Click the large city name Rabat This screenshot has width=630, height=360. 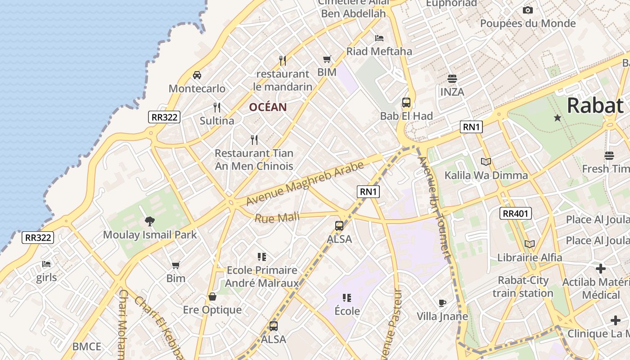click(x=595, y=106)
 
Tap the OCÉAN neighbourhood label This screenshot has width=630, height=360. click(x=268, y=107)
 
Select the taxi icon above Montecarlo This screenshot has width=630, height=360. click(x=197, y=75)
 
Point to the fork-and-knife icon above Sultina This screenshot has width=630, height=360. click(x=217, y=107)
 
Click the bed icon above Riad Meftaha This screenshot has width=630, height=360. click(x=379, y=38)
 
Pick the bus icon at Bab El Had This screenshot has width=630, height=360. click(x=406, y=103)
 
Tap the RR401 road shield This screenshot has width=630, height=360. click(x=515, y=213)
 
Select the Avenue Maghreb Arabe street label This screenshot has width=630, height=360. click(x=305, y=183)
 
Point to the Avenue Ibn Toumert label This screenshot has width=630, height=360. click(x=434, y=207)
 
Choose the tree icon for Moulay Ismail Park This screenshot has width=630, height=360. click(x=150, y=221)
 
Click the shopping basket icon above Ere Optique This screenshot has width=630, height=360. click(x=212, y=297)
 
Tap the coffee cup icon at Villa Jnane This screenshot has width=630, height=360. click(x=442, y=303)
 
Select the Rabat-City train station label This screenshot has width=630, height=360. click(x=523, y=287)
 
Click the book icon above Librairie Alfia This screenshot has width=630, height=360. click(x=530, y=244)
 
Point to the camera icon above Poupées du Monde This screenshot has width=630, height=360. click(x=528, y=10)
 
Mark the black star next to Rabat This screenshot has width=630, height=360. click(x=558, y=118)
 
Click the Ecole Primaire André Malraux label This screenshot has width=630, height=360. click(x=262, y=276)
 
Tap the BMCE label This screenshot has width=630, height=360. click(x=87, y=346)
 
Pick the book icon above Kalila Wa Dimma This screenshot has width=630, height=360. click(x=486, y=162)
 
